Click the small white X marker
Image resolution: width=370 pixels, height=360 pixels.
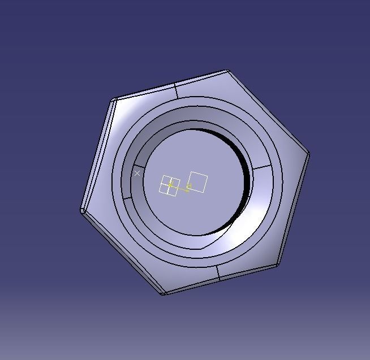coord(137,174)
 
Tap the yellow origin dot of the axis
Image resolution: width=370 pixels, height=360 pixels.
coord(170,185)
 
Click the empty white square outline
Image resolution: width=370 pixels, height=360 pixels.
coord(198,182)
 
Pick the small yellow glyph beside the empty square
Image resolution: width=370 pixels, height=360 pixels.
coord(190,185)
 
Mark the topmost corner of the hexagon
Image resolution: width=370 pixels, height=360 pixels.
coord(227,71)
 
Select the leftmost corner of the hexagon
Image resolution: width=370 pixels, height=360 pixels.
coord(83,211)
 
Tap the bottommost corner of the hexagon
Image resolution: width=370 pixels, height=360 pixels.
coord(163,294)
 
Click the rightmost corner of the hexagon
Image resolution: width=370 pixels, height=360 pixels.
coord(309,153)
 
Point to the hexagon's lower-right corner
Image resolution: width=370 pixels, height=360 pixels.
coord(277,265)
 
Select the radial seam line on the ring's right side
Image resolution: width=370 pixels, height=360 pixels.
coord(262,168)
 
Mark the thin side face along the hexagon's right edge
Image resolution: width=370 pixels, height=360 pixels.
coord(294,209)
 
